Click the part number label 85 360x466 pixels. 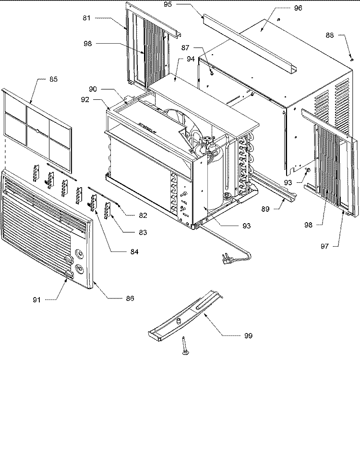point(53,79)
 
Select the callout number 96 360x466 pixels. point(298,8)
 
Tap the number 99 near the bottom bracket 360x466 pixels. point(248,335)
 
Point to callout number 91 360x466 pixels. point(36,300)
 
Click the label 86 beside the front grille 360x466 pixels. point(130,299)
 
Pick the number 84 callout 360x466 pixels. point(134,252)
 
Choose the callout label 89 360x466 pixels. point(265,209)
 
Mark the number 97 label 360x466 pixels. point(324,246)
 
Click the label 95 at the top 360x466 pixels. point(168,4)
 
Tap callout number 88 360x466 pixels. point(330,35)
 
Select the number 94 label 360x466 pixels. point(191,59)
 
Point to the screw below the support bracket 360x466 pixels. point(185,346)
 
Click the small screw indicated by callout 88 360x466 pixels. point(352,60)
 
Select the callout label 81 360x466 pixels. point(86,18)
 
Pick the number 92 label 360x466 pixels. point(85,99)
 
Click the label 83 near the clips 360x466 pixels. point(143,232)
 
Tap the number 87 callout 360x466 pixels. point(185,48)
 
